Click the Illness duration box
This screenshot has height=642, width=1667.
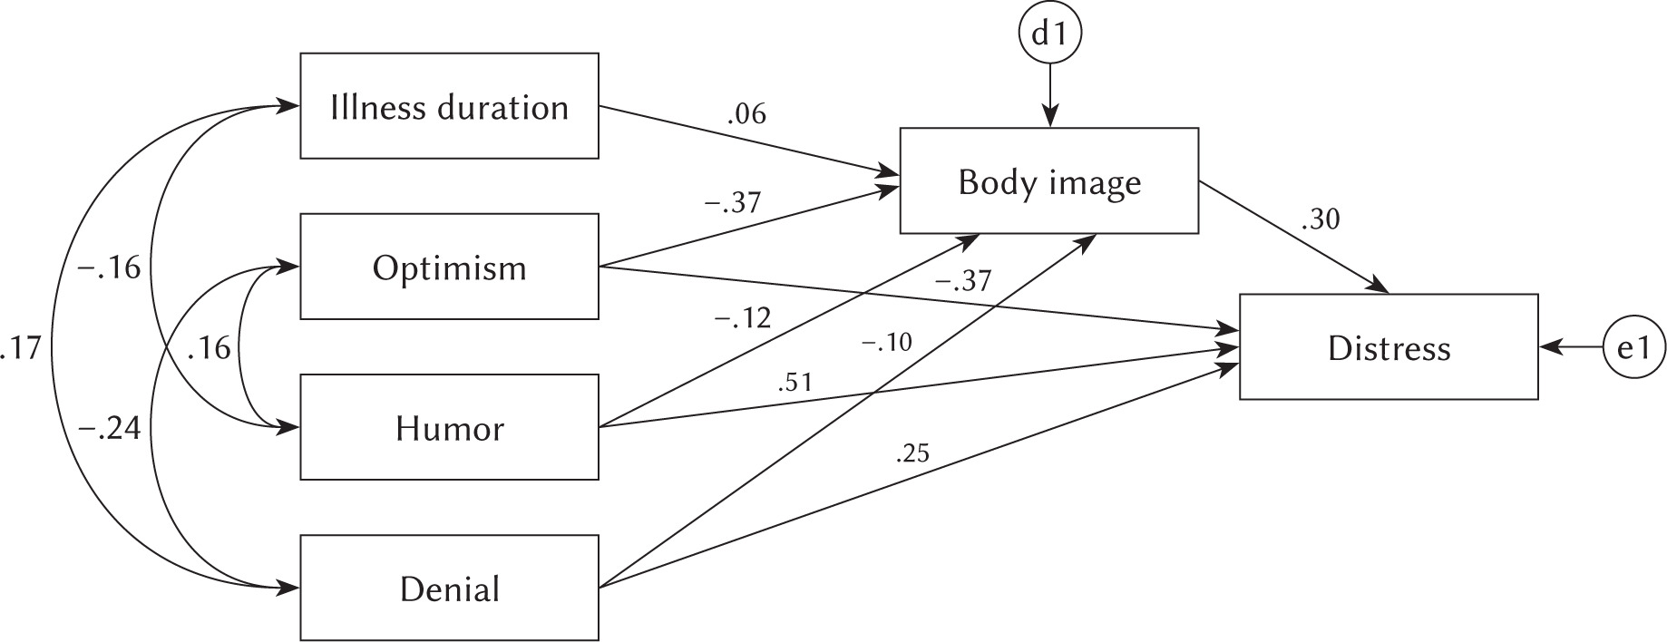tap(449, 106)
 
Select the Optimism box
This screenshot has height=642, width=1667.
tap(449, 267)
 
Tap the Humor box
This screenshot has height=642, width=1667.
tap(449, 427)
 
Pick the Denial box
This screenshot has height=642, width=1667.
tap(449, 588)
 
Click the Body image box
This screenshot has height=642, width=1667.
tap(1048, 181)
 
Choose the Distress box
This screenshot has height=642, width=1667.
tap(1388, 347)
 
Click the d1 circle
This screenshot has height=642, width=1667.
tap(1049, 35)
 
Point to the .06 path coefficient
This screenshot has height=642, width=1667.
tap(746, 114)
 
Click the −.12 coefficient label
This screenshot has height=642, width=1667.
tap(741, 317)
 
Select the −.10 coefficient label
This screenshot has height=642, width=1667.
tap(886, 342)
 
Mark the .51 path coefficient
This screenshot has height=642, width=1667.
tap(795, 384)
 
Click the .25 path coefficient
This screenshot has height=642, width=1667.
tap(911, 453)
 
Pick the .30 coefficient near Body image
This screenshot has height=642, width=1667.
tap(1320, 219)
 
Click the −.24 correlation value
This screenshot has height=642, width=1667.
tap(110, 428)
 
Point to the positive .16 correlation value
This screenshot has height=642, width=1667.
tap(209, 348)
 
